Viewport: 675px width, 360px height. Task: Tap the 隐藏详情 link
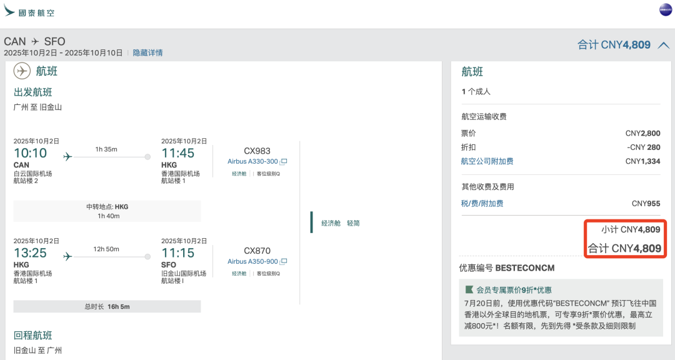tap(147, 53)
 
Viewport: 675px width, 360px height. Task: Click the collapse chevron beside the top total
tap(664, 45)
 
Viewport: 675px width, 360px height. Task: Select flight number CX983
tap(257, 151)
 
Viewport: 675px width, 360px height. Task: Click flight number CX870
tap(257, 251)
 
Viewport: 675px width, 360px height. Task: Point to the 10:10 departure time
tap(30, 153)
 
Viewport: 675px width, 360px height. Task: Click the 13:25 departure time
tap(30, 253)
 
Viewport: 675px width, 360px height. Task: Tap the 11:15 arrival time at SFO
tap(177, 253)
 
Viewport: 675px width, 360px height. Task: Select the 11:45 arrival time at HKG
tap(177, 153)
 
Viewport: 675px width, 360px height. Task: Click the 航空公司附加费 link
tap(487, 161)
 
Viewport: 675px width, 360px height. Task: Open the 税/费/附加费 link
tap(482, 203)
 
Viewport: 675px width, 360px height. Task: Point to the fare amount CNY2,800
tap(642, 133)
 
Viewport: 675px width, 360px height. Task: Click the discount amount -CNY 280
tap(643, 147)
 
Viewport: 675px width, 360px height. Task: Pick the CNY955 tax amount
tap(646, 203)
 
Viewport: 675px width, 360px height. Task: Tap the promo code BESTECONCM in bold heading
tap(524, 268)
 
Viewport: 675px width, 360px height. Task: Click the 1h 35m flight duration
tap(106, 149)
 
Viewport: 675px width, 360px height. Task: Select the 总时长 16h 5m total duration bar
tap(107, 306)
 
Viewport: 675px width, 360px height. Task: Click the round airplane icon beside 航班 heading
tap(22, 71)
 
